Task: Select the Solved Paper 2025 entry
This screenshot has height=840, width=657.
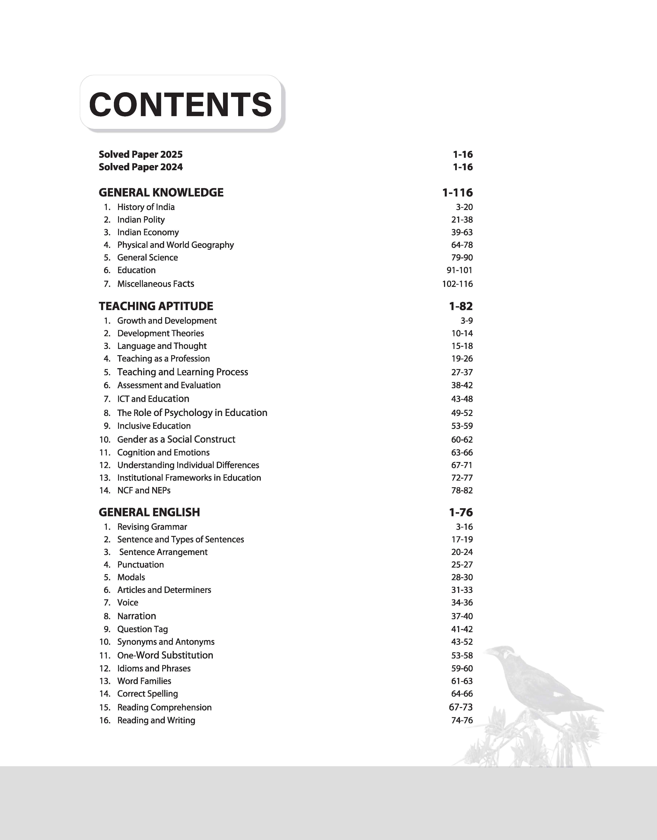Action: pos(140,154)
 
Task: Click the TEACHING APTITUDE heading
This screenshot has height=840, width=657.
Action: pos(156,306)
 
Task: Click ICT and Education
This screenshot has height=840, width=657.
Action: pos(153,399)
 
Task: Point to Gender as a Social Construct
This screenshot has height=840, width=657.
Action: pos(176,439)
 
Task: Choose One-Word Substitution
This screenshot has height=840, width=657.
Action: pos(165,655)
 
